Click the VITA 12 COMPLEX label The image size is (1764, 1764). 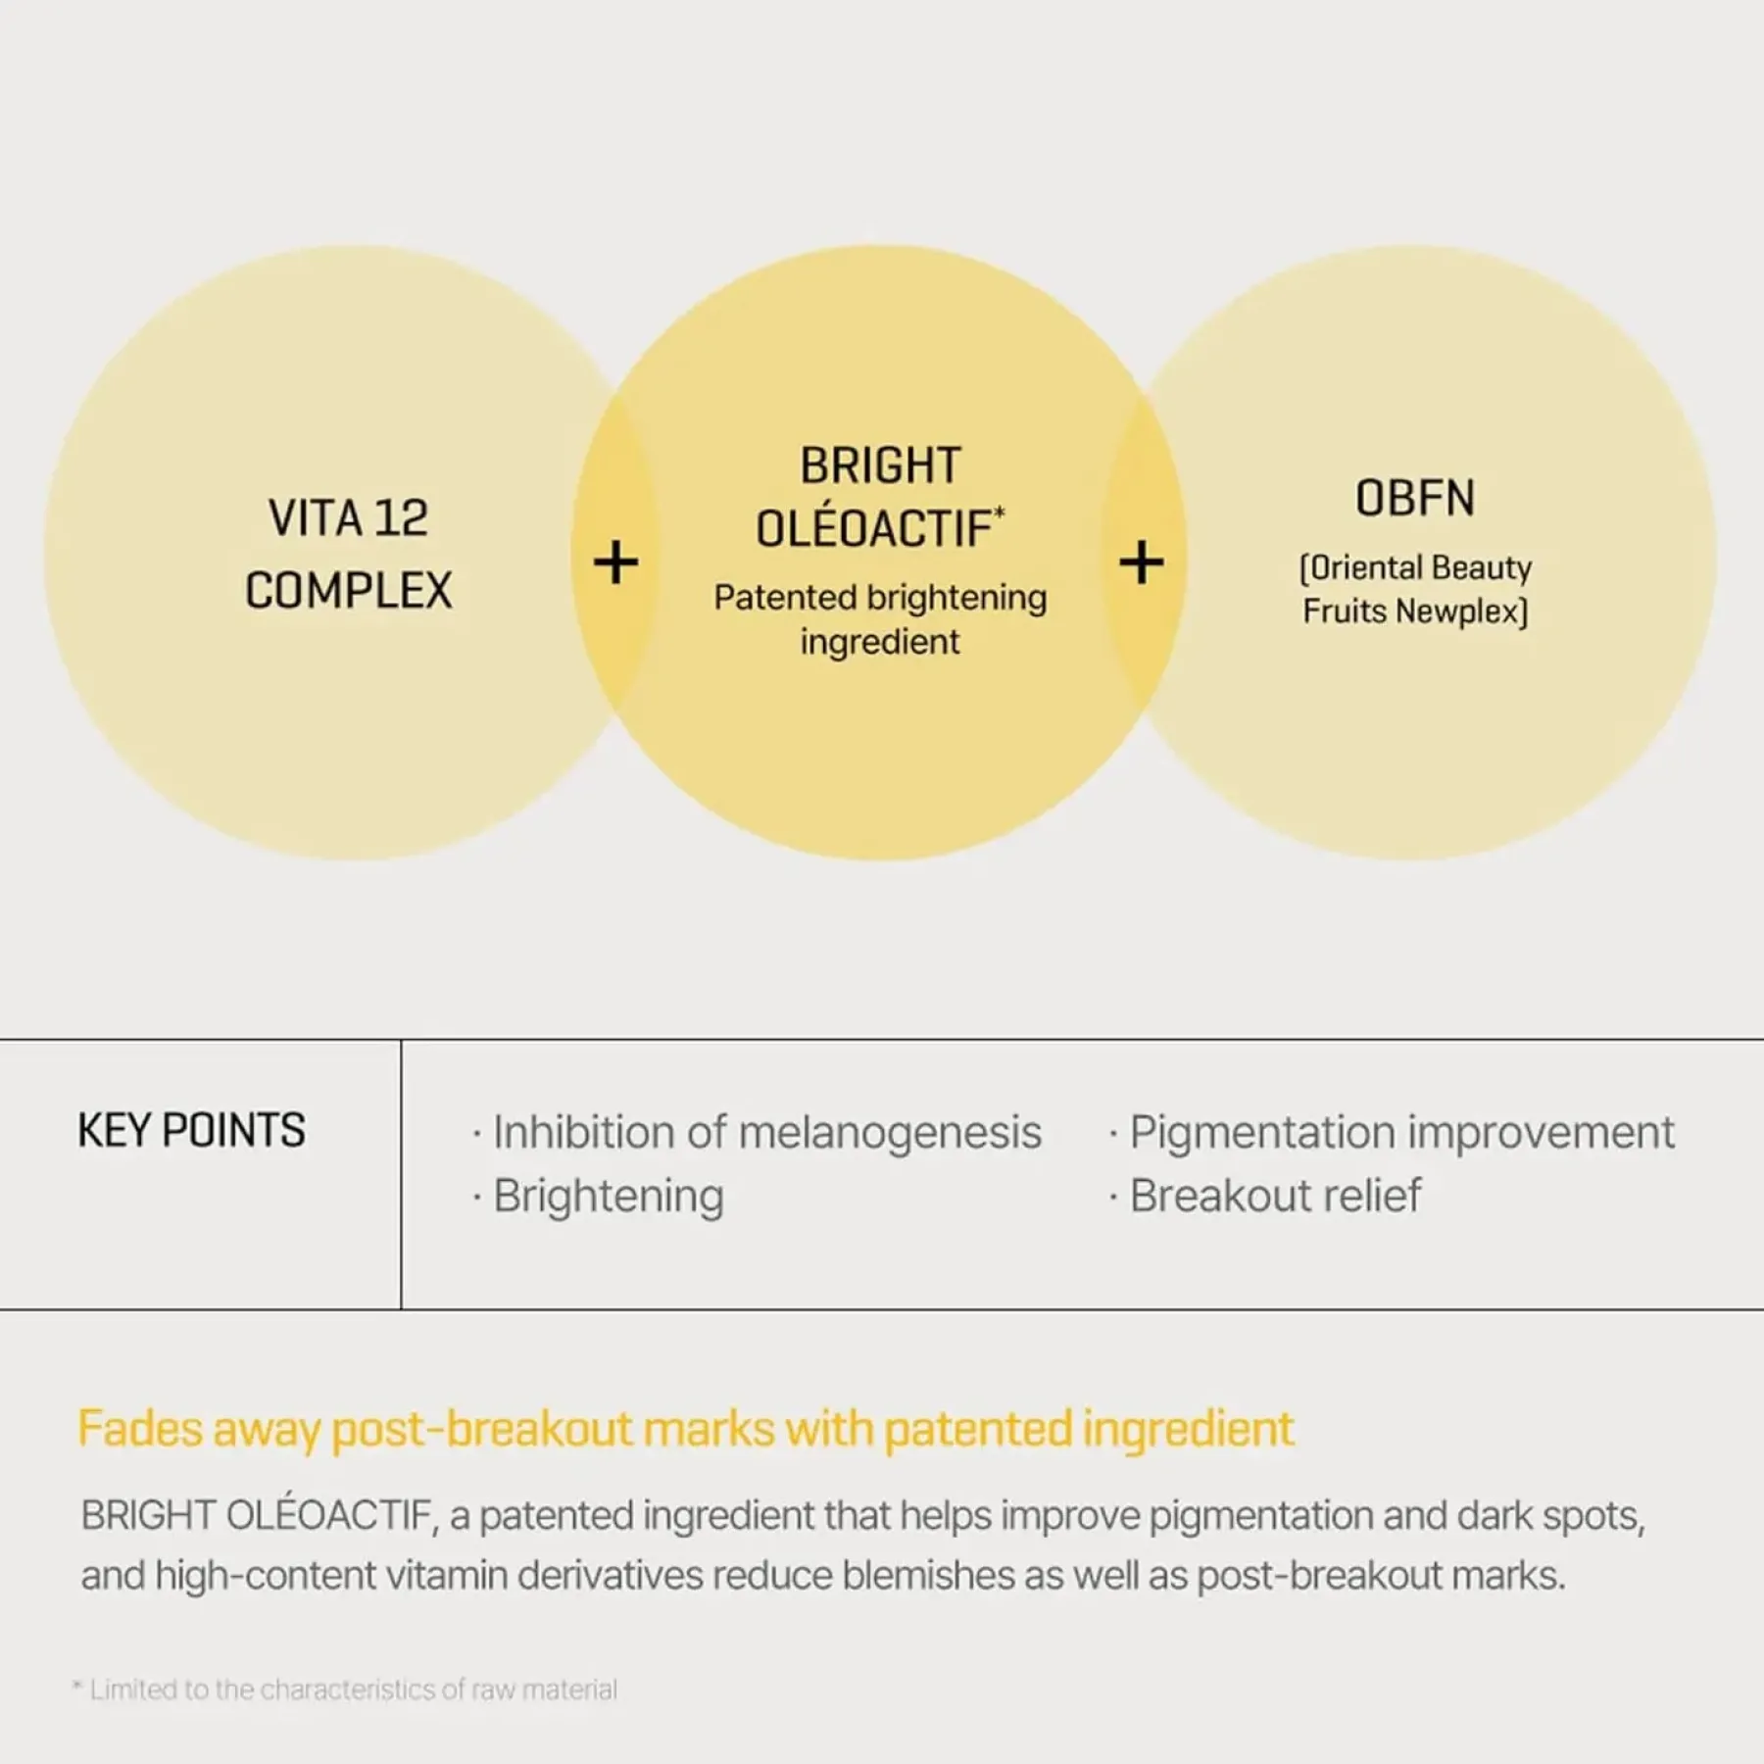[349, 554]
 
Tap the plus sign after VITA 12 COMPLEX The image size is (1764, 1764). [615, 563]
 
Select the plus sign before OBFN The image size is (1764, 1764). [1142, 563]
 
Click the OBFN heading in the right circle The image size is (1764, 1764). [1415, 498]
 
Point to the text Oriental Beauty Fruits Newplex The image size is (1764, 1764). [1415, 589]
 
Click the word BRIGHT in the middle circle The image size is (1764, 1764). [880, 465]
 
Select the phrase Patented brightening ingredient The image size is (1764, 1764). [880, 619]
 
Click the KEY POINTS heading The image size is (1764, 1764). [191, 1130]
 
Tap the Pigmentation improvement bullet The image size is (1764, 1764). [1393, 1133]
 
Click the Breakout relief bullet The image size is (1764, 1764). [1265, 1196]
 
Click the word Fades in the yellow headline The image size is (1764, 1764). [139, 1429]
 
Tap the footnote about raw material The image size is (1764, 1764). [345, 1690]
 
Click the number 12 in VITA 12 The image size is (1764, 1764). [400, 518]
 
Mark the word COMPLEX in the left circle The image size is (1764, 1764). [349, 591]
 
